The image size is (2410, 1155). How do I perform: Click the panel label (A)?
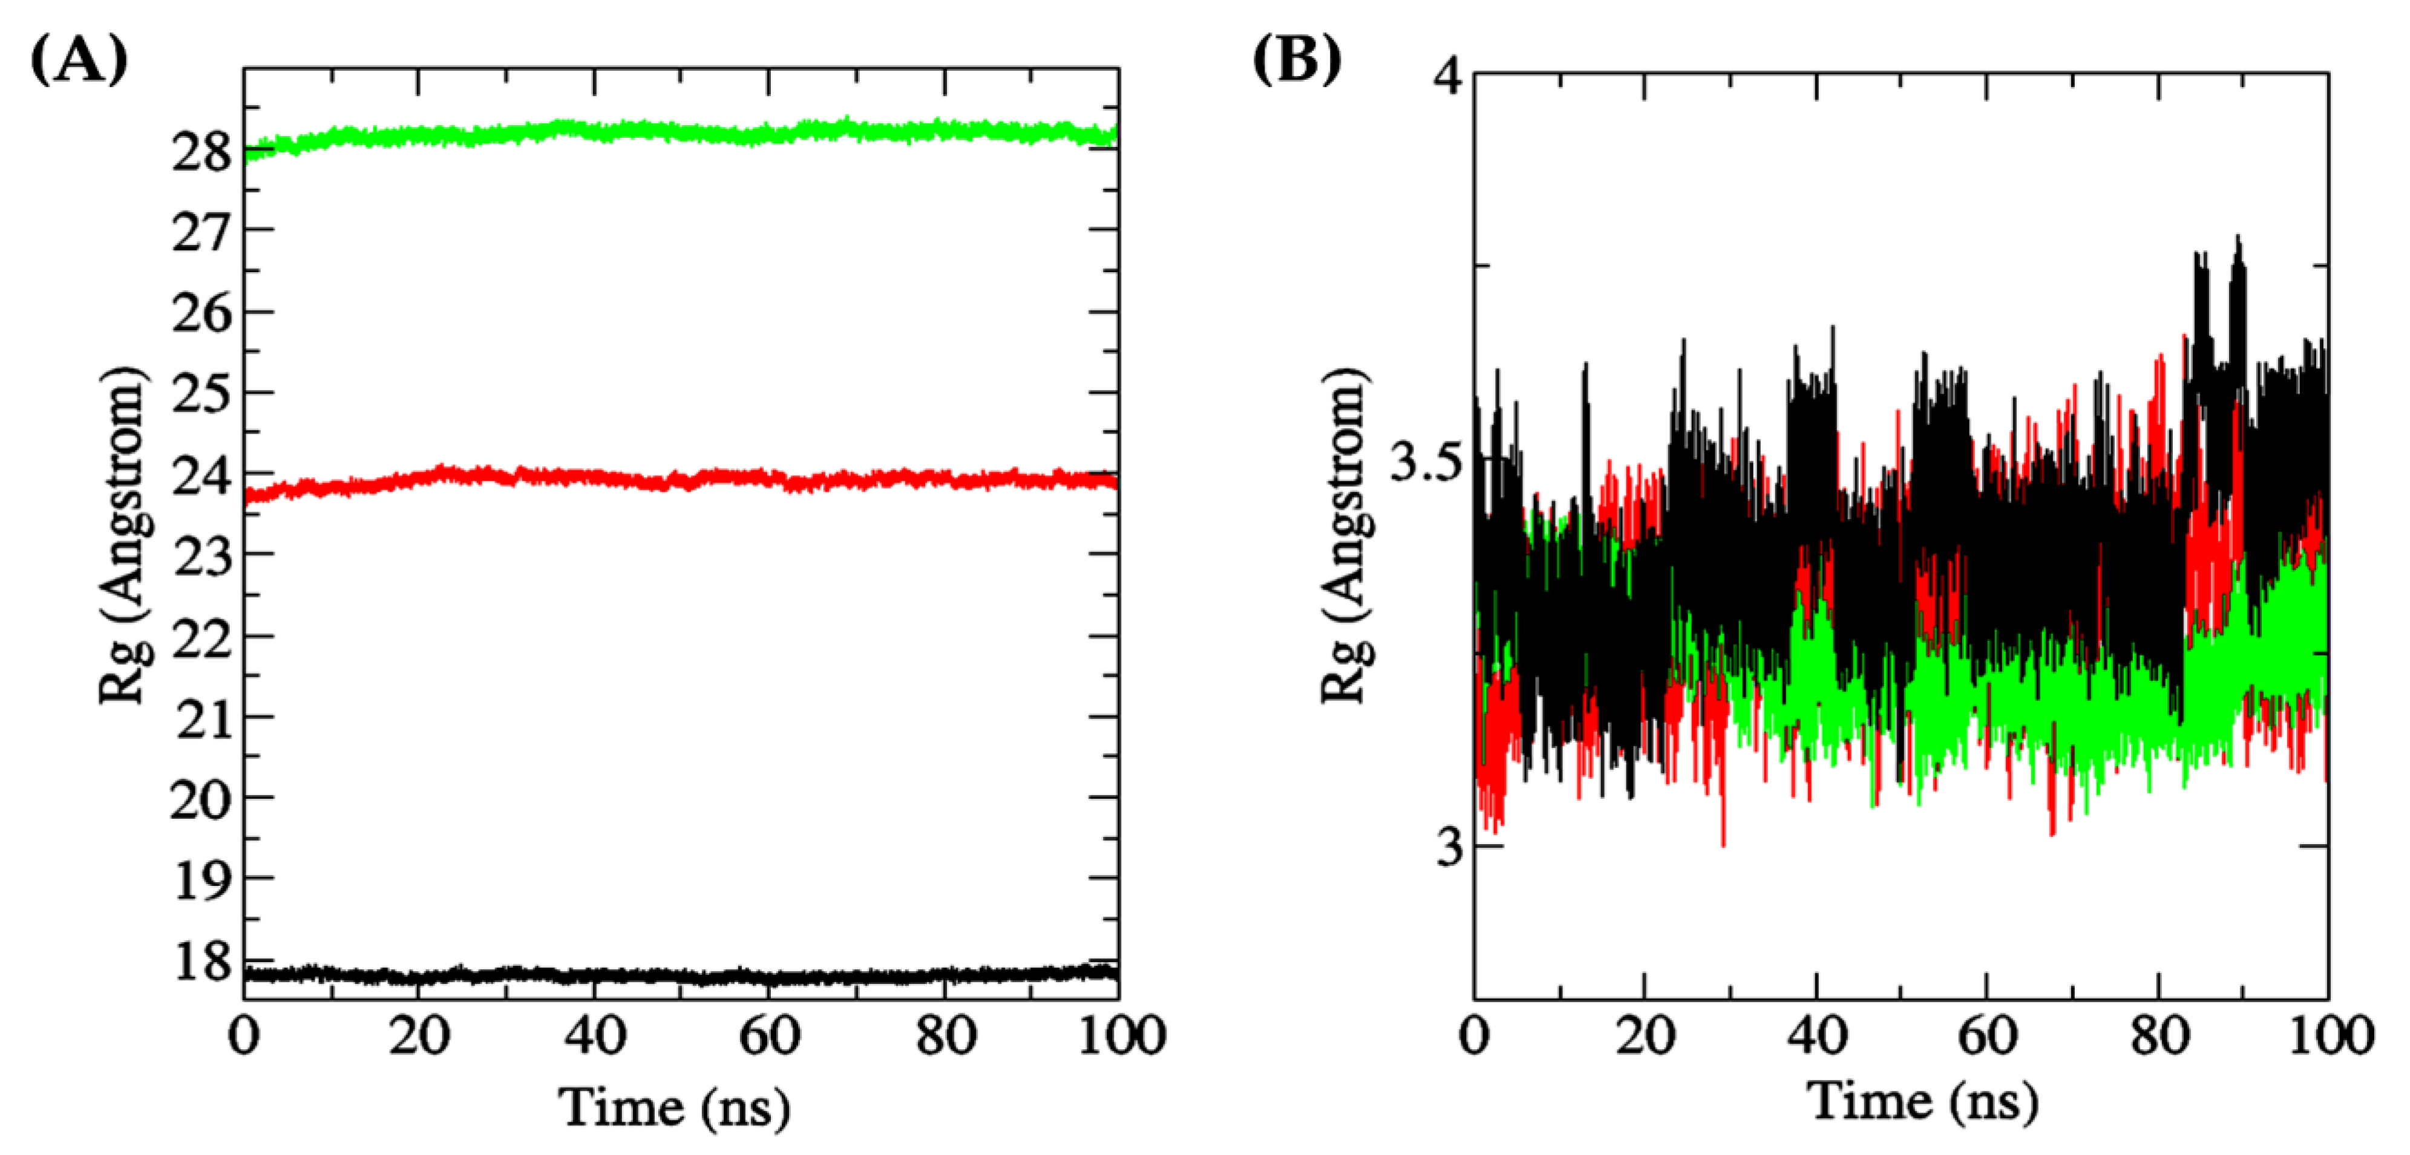[79, 63]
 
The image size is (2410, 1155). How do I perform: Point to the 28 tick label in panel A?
[201, 152]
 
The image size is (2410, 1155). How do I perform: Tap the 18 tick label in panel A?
[201, 961]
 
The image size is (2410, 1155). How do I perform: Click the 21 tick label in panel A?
[201, 720]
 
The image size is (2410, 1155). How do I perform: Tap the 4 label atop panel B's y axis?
[1449, 76]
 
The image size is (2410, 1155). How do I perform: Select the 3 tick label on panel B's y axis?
[1449, 847]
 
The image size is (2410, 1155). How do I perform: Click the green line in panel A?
[655, 133]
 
